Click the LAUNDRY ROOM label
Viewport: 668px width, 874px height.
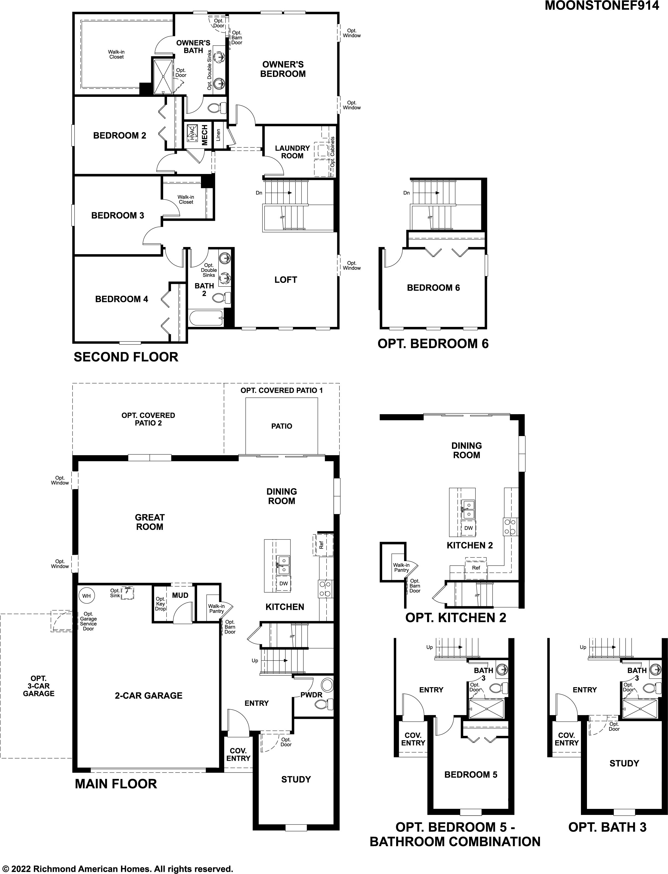[x=292, y=152]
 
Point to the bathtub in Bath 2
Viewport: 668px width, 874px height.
[x=206, y=318]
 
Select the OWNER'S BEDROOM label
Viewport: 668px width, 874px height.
[x=283, y=69]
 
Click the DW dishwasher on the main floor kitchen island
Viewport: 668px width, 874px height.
[x=284, y=583]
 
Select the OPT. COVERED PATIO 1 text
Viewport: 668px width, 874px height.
[x=282, y=390]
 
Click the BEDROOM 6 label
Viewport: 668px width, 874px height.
[x=433, y=288]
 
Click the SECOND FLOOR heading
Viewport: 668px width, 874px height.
[x=126, y=357]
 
